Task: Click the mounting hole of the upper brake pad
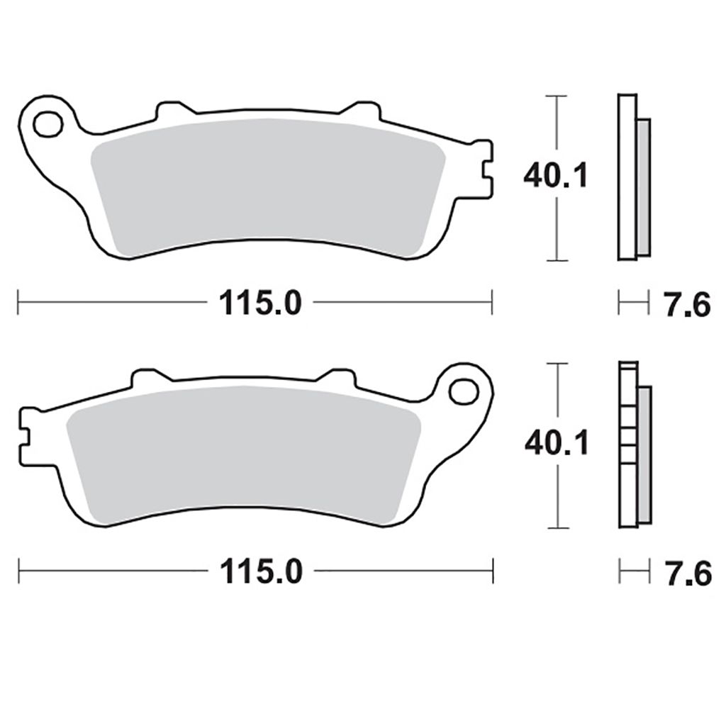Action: [x=48, y=124]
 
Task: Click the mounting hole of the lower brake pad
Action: [x=464, y=391]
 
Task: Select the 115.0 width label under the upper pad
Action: [x=260, y=303]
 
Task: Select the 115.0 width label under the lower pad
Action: [x=261, y=571]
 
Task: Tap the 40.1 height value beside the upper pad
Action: [x=556, y=176]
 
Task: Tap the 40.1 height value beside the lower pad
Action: [x=557, y=443]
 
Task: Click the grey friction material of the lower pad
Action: [x=244, y=454]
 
